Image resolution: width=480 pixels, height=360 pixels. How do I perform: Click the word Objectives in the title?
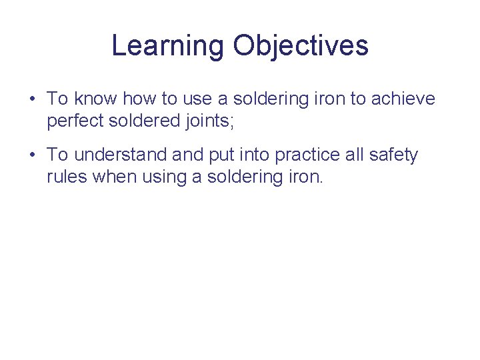click(301, 46)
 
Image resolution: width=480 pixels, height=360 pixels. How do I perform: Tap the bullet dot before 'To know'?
click(32, 100)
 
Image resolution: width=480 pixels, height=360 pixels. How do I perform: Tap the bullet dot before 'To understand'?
click(32, 156)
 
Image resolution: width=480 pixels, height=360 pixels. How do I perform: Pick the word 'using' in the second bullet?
click(155, 177)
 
